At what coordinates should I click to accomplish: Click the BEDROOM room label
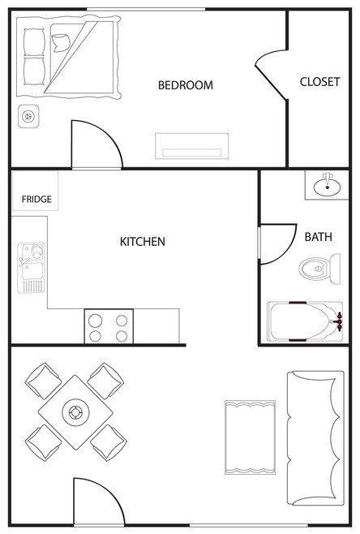[x=186, y=84]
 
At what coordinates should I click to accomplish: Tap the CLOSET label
[x=319, y=82]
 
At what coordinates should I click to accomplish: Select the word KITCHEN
[x=143, y=242]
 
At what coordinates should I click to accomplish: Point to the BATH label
[x=318, y=237]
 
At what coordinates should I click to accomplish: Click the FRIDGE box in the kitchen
[x=36, y=191]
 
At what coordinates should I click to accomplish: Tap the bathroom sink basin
[x=327, y=187]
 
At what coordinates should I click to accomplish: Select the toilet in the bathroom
[x=319, y=269]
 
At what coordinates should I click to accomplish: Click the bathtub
[x=305, y=321]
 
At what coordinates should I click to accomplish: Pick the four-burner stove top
[x=109, y=326]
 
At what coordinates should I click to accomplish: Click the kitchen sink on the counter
[x=31, y=268]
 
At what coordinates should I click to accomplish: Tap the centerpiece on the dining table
[x=75, y=412]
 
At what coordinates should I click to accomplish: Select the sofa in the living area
[x=315, y=437]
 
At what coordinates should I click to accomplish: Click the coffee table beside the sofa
[x=250, y=437]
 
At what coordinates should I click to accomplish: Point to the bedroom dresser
[x=191, y=146]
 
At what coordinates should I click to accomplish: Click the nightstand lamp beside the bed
[x=28, y=117]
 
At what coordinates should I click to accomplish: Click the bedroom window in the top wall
[x=146, y=10]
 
